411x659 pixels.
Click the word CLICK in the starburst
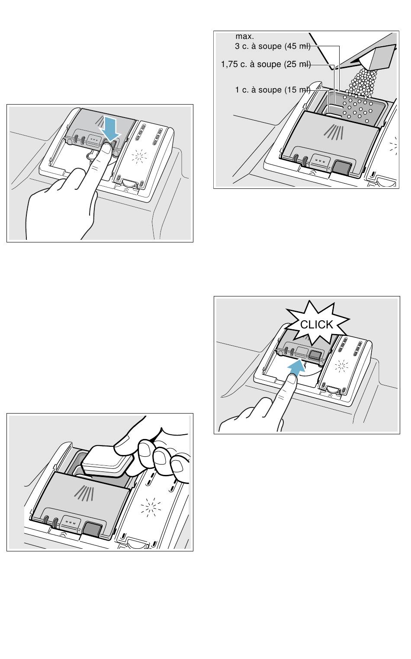316,325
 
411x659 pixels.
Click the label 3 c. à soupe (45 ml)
273,46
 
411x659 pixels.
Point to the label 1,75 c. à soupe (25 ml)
266,64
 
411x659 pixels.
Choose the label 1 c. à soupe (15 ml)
273,90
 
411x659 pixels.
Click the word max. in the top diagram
244,36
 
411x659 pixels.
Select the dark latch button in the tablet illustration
93,529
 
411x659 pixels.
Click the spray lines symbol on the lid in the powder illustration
334,132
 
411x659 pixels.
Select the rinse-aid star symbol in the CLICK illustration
341,366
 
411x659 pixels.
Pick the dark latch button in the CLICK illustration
315,355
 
